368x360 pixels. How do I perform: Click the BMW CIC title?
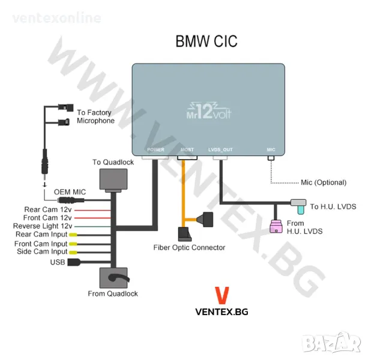pyautogui.click(x=206, y=41)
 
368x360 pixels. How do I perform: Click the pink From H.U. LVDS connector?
pyautogui.click(x=277, y=227)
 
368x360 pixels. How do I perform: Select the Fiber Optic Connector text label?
pyautogui.click(x=189, y=247)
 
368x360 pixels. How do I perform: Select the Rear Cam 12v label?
pyautogui.click(x=44, y=209)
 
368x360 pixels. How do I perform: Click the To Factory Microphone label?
pyautogui.click(x=95, y=116)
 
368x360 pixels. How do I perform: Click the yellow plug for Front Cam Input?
pyautogui.click(x=73, y=244)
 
